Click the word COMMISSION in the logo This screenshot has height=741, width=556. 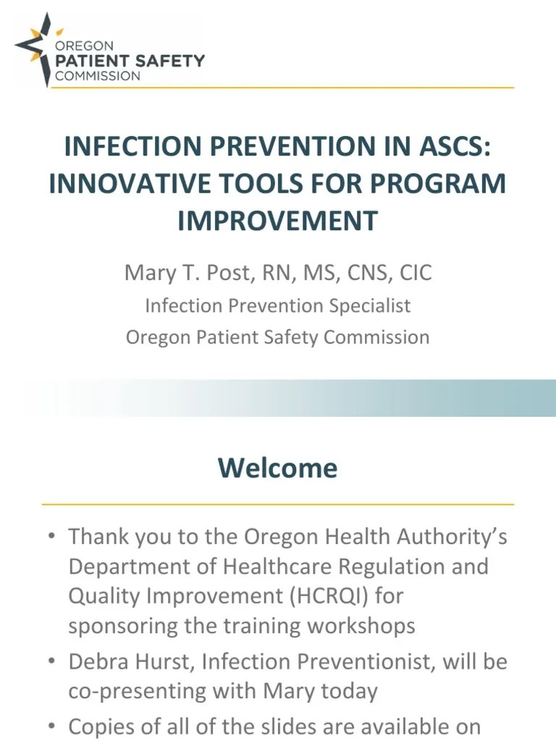(x=98, y=76)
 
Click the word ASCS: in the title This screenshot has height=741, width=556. (x=449, y=147)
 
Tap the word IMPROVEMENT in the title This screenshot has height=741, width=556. (x=278, y=220)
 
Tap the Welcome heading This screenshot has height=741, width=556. (x=278, y=468)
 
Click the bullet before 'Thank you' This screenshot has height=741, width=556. (x=52, y=537)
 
